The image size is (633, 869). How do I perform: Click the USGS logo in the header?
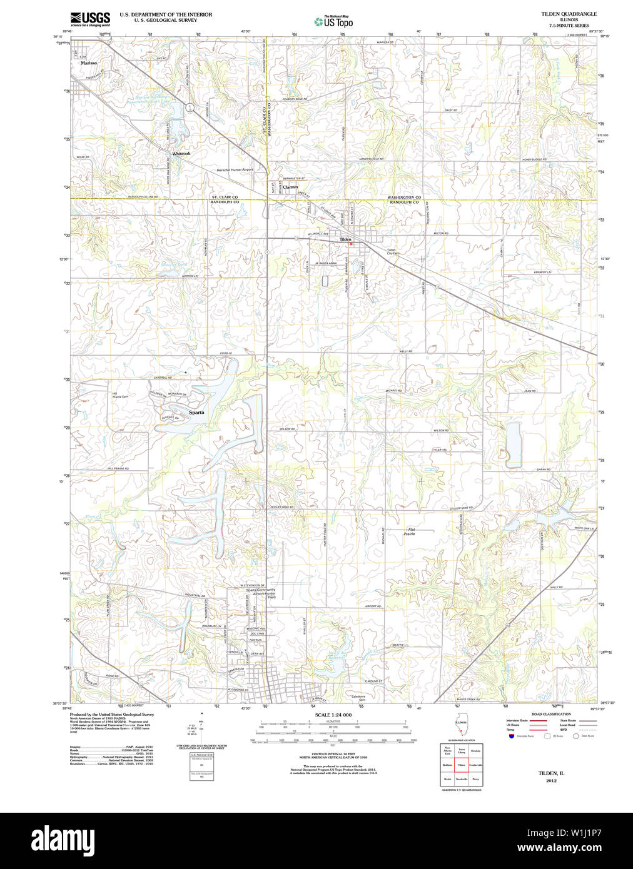(x=90, y=18)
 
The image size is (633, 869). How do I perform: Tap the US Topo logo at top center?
(x=334, y=22)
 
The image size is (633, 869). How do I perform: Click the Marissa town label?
(x=88, y=63)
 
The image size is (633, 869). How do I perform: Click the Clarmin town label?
(x=290, y=187)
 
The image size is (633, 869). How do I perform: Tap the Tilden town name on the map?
(x=345, y=239)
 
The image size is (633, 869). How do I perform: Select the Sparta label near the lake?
(x=196, y=413)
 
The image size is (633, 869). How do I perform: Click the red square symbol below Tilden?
(x=351, y=244)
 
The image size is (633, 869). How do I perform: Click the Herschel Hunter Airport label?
(x=235, y=169)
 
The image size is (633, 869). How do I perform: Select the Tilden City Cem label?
(x=392, y=251)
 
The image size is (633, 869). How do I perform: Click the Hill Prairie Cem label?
(x=120, y=395)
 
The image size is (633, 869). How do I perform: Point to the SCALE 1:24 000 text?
(x=333, y=715)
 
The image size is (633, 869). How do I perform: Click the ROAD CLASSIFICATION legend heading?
(x=551, y=714)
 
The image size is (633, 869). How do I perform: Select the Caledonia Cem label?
(x=358, y=698)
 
